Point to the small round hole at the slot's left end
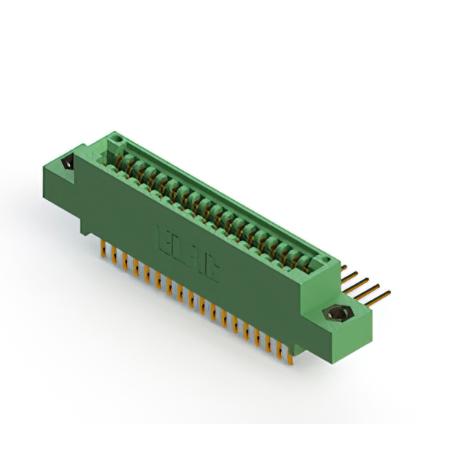tap(114, 141)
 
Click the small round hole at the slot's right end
tap(322, 260)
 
